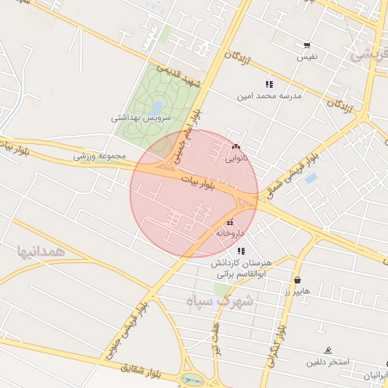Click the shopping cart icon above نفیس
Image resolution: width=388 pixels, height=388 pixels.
pos(306,45)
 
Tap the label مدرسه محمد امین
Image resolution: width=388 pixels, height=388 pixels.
pos(270,96)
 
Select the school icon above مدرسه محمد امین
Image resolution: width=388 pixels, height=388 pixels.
pos(268,84)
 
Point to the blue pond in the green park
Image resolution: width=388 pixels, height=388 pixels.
pos(157,108)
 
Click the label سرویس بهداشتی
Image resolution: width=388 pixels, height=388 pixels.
pos(142,118)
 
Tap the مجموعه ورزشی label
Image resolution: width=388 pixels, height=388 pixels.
pos(99,156)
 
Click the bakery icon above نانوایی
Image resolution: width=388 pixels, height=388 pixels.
pos(236,147)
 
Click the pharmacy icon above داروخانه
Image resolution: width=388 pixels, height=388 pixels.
pos(230,223)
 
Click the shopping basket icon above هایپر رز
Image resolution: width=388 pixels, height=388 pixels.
pos(297,279)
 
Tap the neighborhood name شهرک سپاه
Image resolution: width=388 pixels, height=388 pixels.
pos(222,301)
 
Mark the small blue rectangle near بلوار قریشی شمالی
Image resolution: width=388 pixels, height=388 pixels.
pos(310,179)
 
